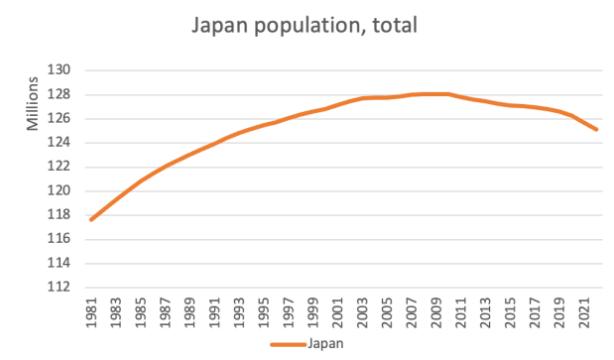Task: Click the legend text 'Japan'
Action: click(324, 344)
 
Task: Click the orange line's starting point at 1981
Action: click(91, 219)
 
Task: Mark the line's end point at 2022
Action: click(596, 129)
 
